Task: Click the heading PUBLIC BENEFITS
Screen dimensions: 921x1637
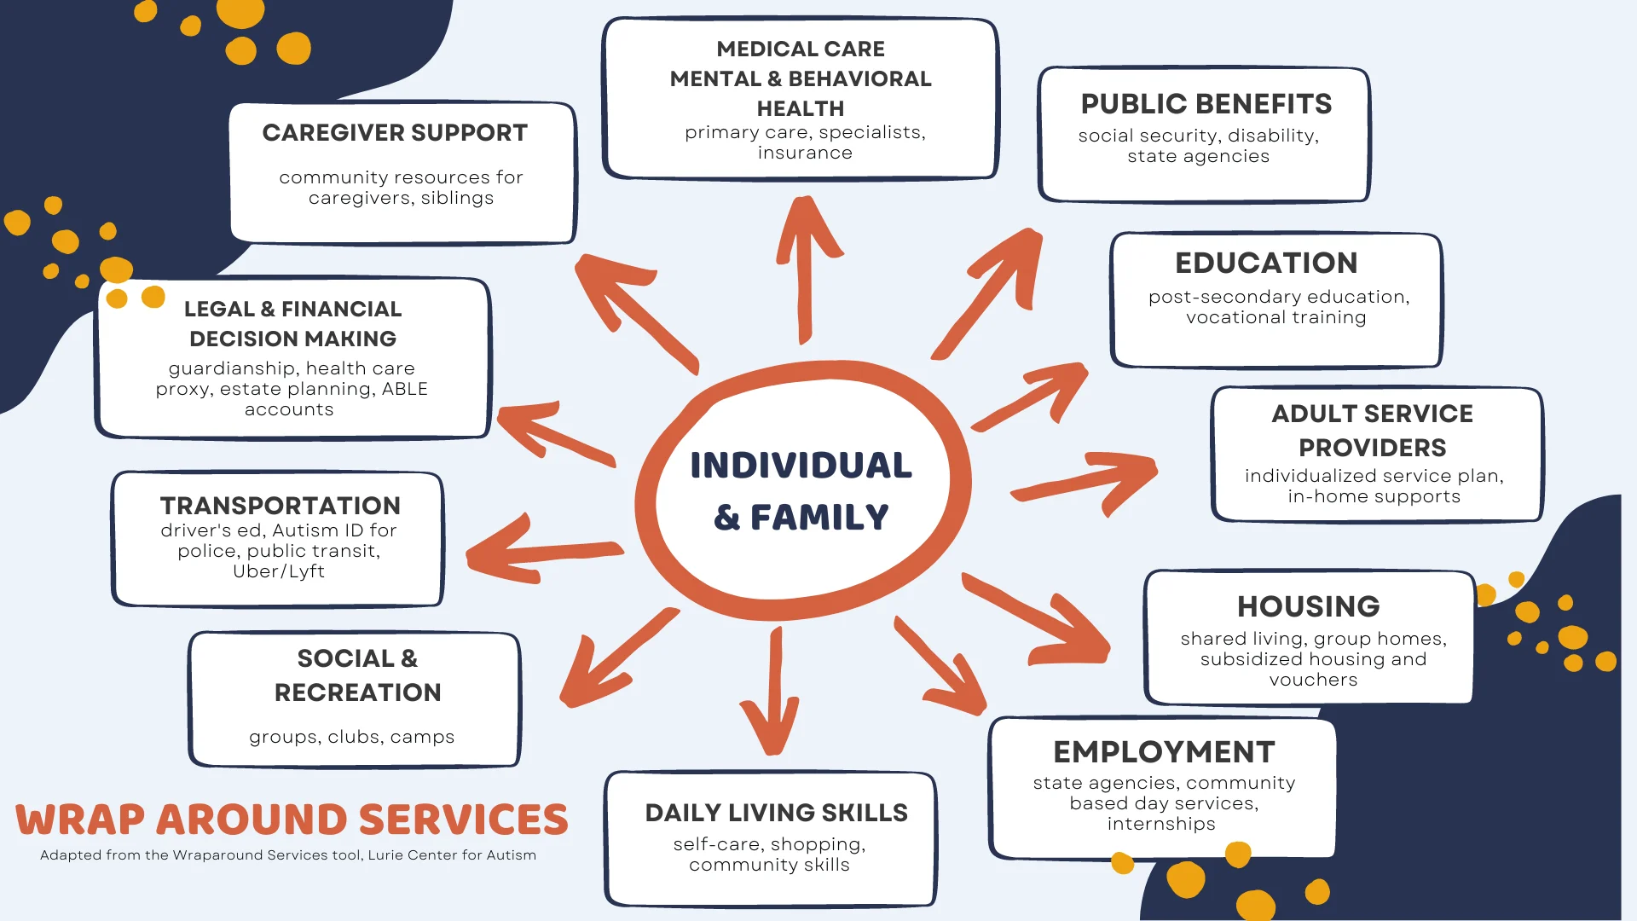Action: pyautogui.click(x=1206, y=104)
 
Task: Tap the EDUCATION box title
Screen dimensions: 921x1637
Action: pyautogui.click(x=1266, y=263)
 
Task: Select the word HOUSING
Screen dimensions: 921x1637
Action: pyautogui.click(x=1308, y=606)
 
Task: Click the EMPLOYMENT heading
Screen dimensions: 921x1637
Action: pyautogui.click(x=1164, y=752)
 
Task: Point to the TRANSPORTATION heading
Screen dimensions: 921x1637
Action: pyautogui.click(x=280, y=506)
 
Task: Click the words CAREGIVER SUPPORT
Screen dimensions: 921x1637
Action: pyautogui.click(x=395, y=133)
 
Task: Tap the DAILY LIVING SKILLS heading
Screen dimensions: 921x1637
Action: pyautogui.click(x=776, y=813)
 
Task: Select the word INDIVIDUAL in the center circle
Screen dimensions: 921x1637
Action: pyautogui.click(x=801, y=466)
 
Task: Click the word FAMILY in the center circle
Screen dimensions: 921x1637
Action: pyautogui.click(x=819, y=518)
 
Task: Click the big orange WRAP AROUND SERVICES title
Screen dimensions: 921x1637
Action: pyautogui.click(x=292, y=820)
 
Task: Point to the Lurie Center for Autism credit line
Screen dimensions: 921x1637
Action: pyautogui.click(x=288, y=855)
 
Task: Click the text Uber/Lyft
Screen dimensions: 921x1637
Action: pyautogui.click(x=279, y=571)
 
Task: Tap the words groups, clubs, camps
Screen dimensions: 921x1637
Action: pyautogui.click(x=351, y=737)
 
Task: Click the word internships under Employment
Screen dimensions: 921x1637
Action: pyautogui.click(x=1161, y=824)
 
